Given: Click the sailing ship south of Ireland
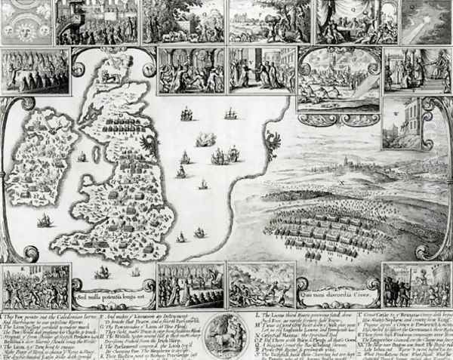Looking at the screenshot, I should click(45, 220).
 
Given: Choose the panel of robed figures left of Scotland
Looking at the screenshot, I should click(35, 71).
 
